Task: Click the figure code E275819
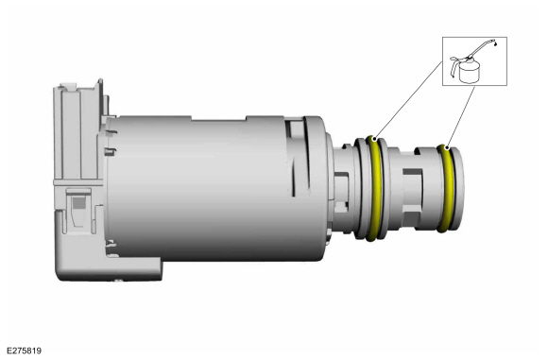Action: [24, 351]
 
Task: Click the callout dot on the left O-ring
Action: [374, 139]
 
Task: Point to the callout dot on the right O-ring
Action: [447, 147]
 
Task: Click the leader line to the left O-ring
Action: [408, 100]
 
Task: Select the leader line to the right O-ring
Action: [461, 117]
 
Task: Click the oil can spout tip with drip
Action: [495, 43]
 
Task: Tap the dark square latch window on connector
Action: [78, 203]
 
